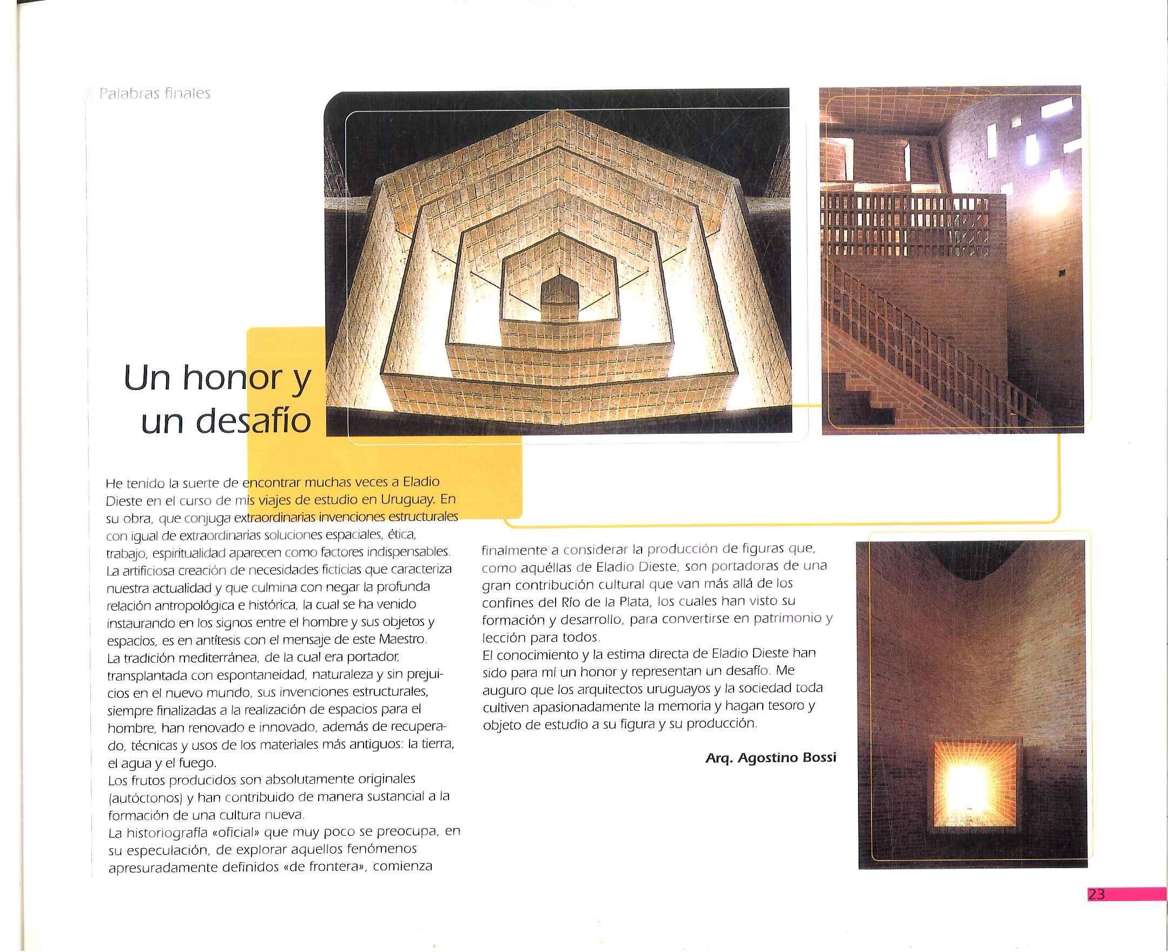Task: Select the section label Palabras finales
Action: pos(155,94)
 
